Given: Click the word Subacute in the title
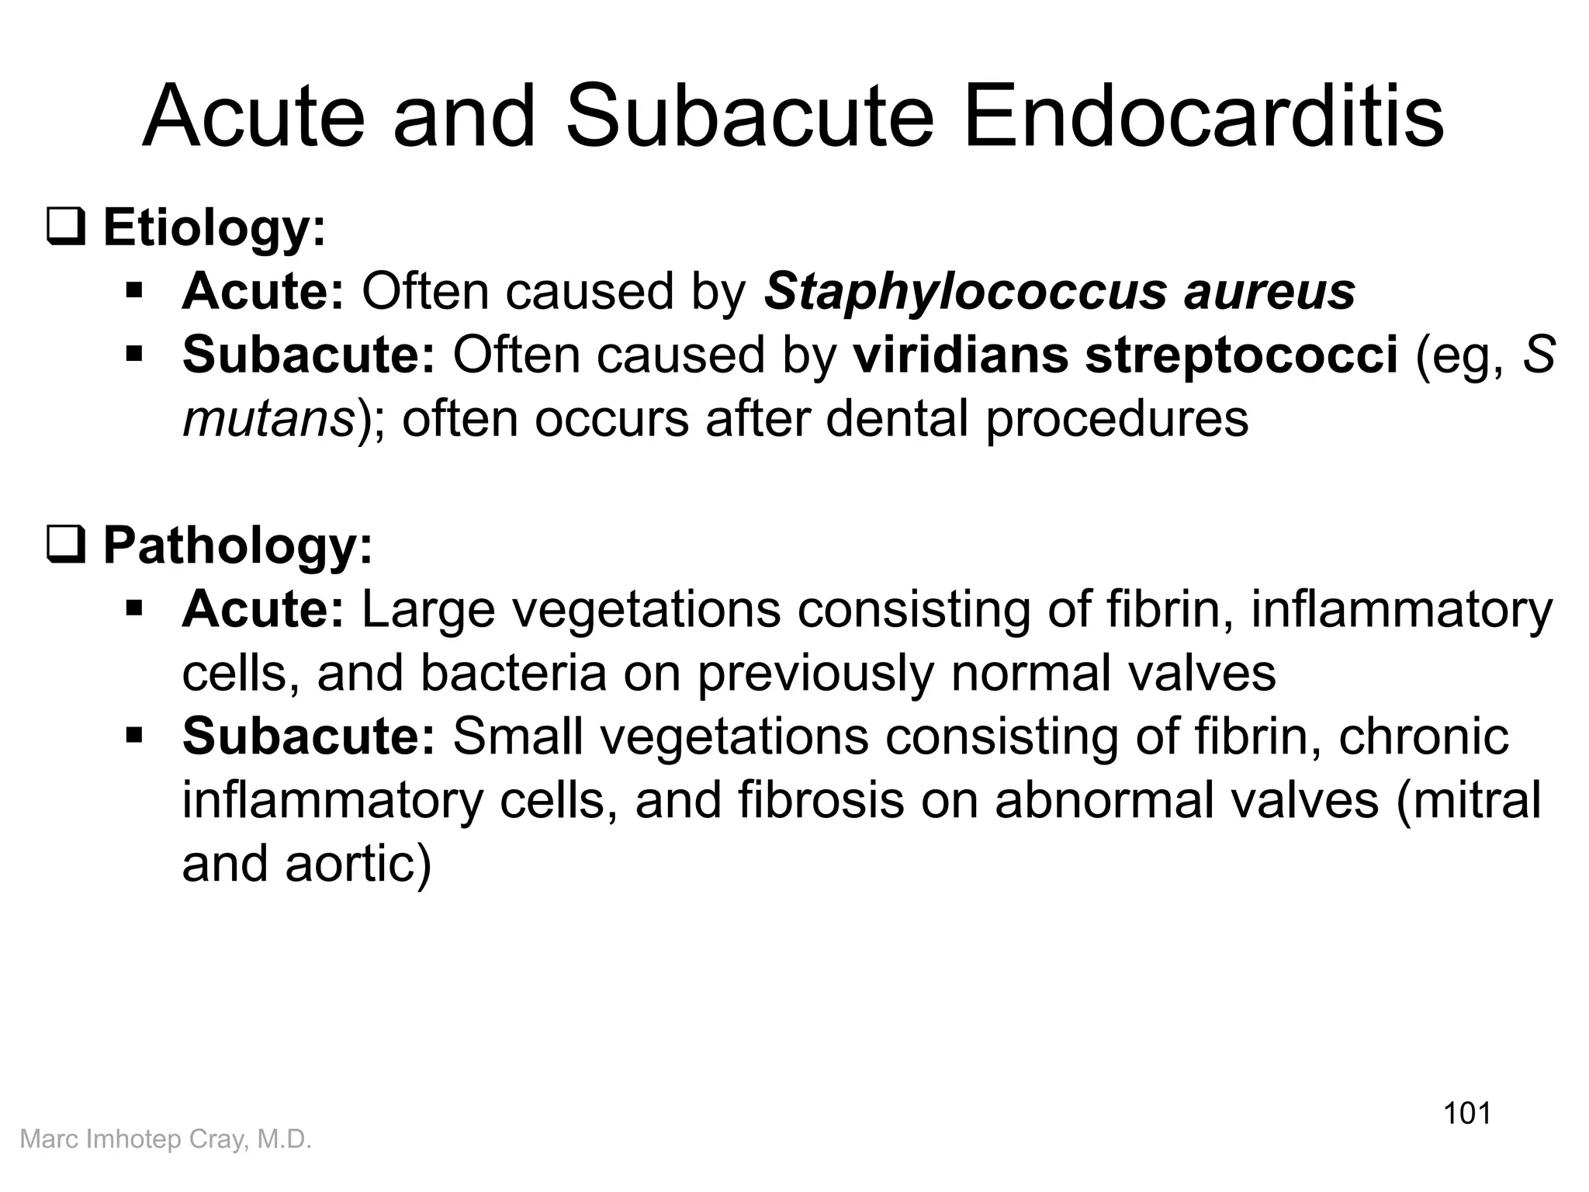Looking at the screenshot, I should click(749, 118).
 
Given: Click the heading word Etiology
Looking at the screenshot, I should click(214, 228).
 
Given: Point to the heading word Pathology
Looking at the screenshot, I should click(237, 546).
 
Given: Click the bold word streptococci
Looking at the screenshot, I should click(1241, 355).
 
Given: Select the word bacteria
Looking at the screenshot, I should click(513, 674).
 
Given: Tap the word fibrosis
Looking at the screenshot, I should click(821, 801).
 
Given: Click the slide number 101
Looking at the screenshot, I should click(1466, 1113).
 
